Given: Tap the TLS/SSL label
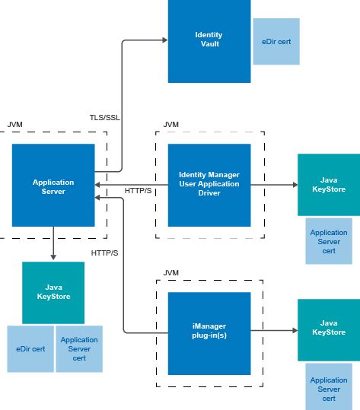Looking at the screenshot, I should pyautogui.click(x=104, y=117).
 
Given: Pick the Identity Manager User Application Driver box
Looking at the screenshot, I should pyautogui.click(x=209, y=185).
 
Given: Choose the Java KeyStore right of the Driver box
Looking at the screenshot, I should pyautogui.click(x=328, y=185).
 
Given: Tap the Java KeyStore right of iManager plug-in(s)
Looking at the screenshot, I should pyautogui.click(x=328, y=329).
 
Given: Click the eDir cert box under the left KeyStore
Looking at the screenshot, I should pyautogui.click(x=30, y=349).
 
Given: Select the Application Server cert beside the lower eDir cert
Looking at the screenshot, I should pyautogui.click(x=78, y=349).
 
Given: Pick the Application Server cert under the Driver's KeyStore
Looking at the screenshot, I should pyautogui.click(x=328, y=240).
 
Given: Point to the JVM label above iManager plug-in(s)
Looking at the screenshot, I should pyautogui.click(x=172, y=272).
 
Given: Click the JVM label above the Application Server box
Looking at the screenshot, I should pyautogui.click(x=14, y=124).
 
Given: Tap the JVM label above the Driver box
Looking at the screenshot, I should pyautogui.click(x=172, y=124).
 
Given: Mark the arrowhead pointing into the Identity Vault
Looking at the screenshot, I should pyautogui.click(x=164, y=42).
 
